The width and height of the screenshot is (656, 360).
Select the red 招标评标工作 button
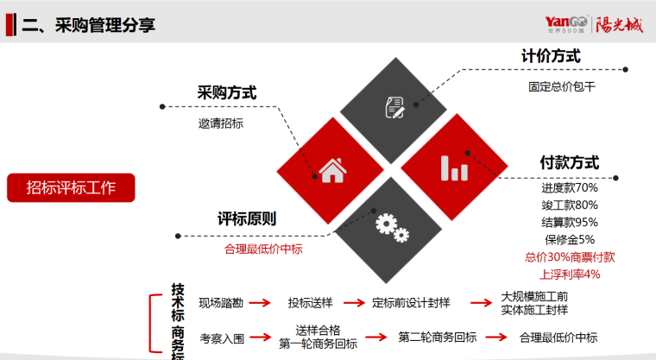[71, 187]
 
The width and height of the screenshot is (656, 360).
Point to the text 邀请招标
[221, 123]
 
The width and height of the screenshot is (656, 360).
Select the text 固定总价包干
[562, 87]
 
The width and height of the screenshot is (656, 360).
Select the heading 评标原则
[247, 219]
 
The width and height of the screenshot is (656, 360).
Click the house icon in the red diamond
[330, 169]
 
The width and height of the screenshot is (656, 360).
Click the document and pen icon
[394, 108]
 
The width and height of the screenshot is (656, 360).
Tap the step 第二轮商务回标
[437, 338]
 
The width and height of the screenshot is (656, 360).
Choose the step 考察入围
[222, 338]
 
